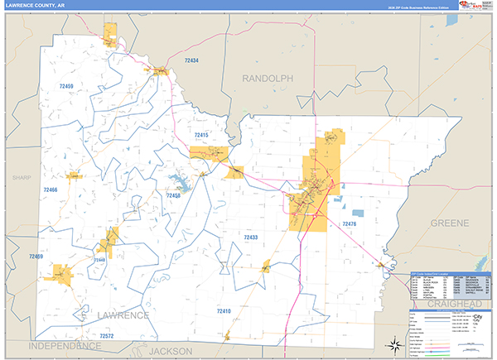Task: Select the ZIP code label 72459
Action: [x=67, y=85]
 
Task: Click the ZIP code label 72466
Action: [x=51, y=190]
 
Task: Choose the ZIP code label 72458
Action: [x=172, y=195]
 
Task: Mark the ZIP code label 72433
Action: [x=251, y=238]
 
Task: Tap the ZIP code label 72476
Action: [x=349, y=223]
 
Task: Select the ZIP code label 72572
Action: [x=107, y=336]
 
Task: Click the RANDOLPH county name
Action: [x=268, y=78]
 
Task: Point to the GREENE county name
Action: [x=450, y=223]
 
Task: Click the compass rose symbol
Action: [x=394, y=344]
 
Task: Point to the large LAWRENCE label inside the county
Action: [x=123, y=315]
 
